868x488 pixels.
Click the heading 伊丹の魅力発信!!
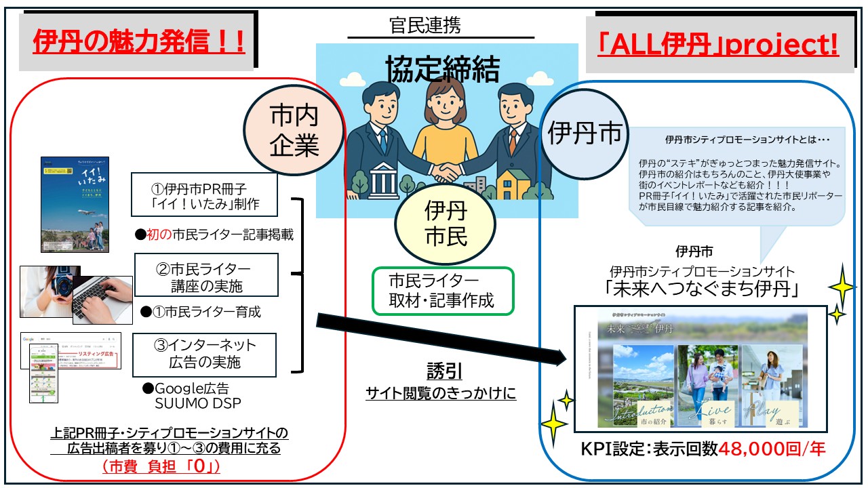point(138,43)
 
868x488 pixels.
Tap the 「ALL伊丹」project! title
point(718,45)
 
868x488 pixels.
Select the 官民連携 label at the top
point(425,26)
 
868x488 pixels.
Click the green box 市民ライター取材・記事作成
point(443,290)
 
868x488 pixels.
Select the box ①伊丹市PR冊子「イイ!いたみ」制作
point(205,195)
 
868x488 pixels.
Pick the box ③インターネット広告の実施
point(204,354)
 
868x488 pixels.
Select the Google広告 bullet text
point(185,389)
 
